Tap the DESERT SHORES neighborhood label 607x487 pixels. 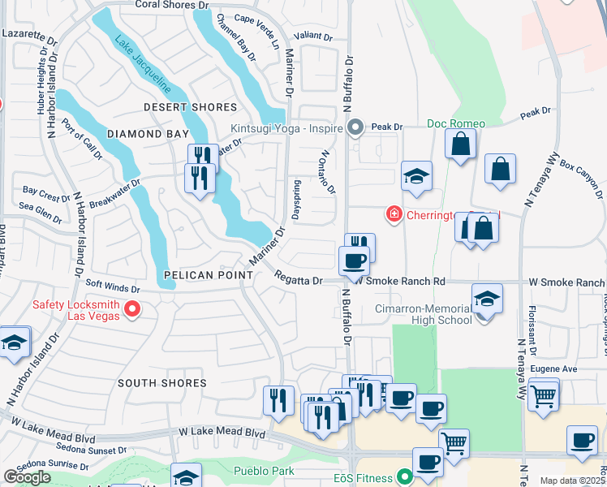point(190,107)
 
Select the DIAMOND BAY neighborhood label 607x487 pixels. point(141,135)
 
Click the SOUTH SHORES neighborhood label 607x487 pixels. point(161,382)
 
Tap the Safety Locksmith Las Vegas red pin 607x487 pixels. point(133,309)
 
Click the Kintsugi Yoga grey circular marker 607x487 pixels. point(355,127)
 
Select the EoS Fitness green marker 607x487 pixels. point(402,478)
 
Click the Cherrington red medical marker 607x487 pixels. point(394,213)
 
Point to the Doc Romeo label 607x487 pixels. point(456,123)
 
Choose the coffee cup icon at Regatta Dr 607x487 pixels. point(353,261)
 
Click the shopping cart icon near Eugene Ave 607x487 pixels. point(543,396)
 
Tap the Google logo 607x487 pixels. point(27,477)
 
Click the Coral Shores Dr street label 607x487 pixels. point(172,5)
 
